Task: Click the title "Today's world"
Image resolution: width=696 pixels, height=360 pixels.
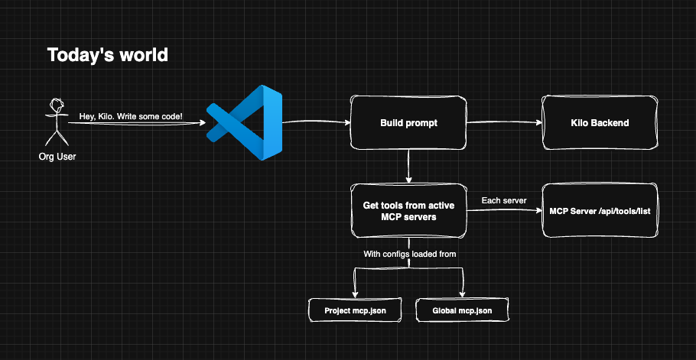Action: coord(107,55)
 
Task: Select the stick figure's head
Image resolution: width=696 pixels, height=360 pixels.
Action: coord(56,104)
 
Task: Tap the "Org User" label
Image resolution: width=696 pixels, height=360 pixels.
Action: coord(57,156)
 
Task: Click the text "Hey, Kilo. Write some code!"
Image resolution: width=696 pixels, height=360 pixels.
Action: coord(131,115)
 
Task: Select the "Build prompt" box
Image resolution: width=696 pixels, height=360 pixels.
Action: coord(408,123)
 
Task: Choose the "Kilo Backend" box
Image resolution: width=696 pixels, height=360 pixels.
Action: coord(600,123)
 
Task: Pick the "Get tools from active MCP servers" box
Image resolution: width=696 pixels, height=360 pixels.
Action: coord(408,211)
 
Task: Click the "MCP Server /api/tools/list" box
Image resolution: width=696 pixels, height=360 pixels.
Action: coord(600,211)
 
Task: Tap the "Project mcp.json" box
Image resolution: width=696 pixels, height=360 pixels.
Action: coord(355,310)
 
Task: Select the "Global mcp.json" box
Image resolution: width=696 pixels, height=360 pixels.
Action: coord(461,310)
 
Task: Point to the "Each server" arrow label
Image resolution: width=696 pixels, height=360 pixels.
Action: coord(503,200)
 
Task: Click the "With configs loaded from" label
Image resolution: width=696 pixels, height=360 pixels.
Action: coord(409,253)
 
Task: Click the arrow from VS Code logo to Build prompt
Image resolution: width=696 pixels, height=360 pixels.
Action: coord(315,122)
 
